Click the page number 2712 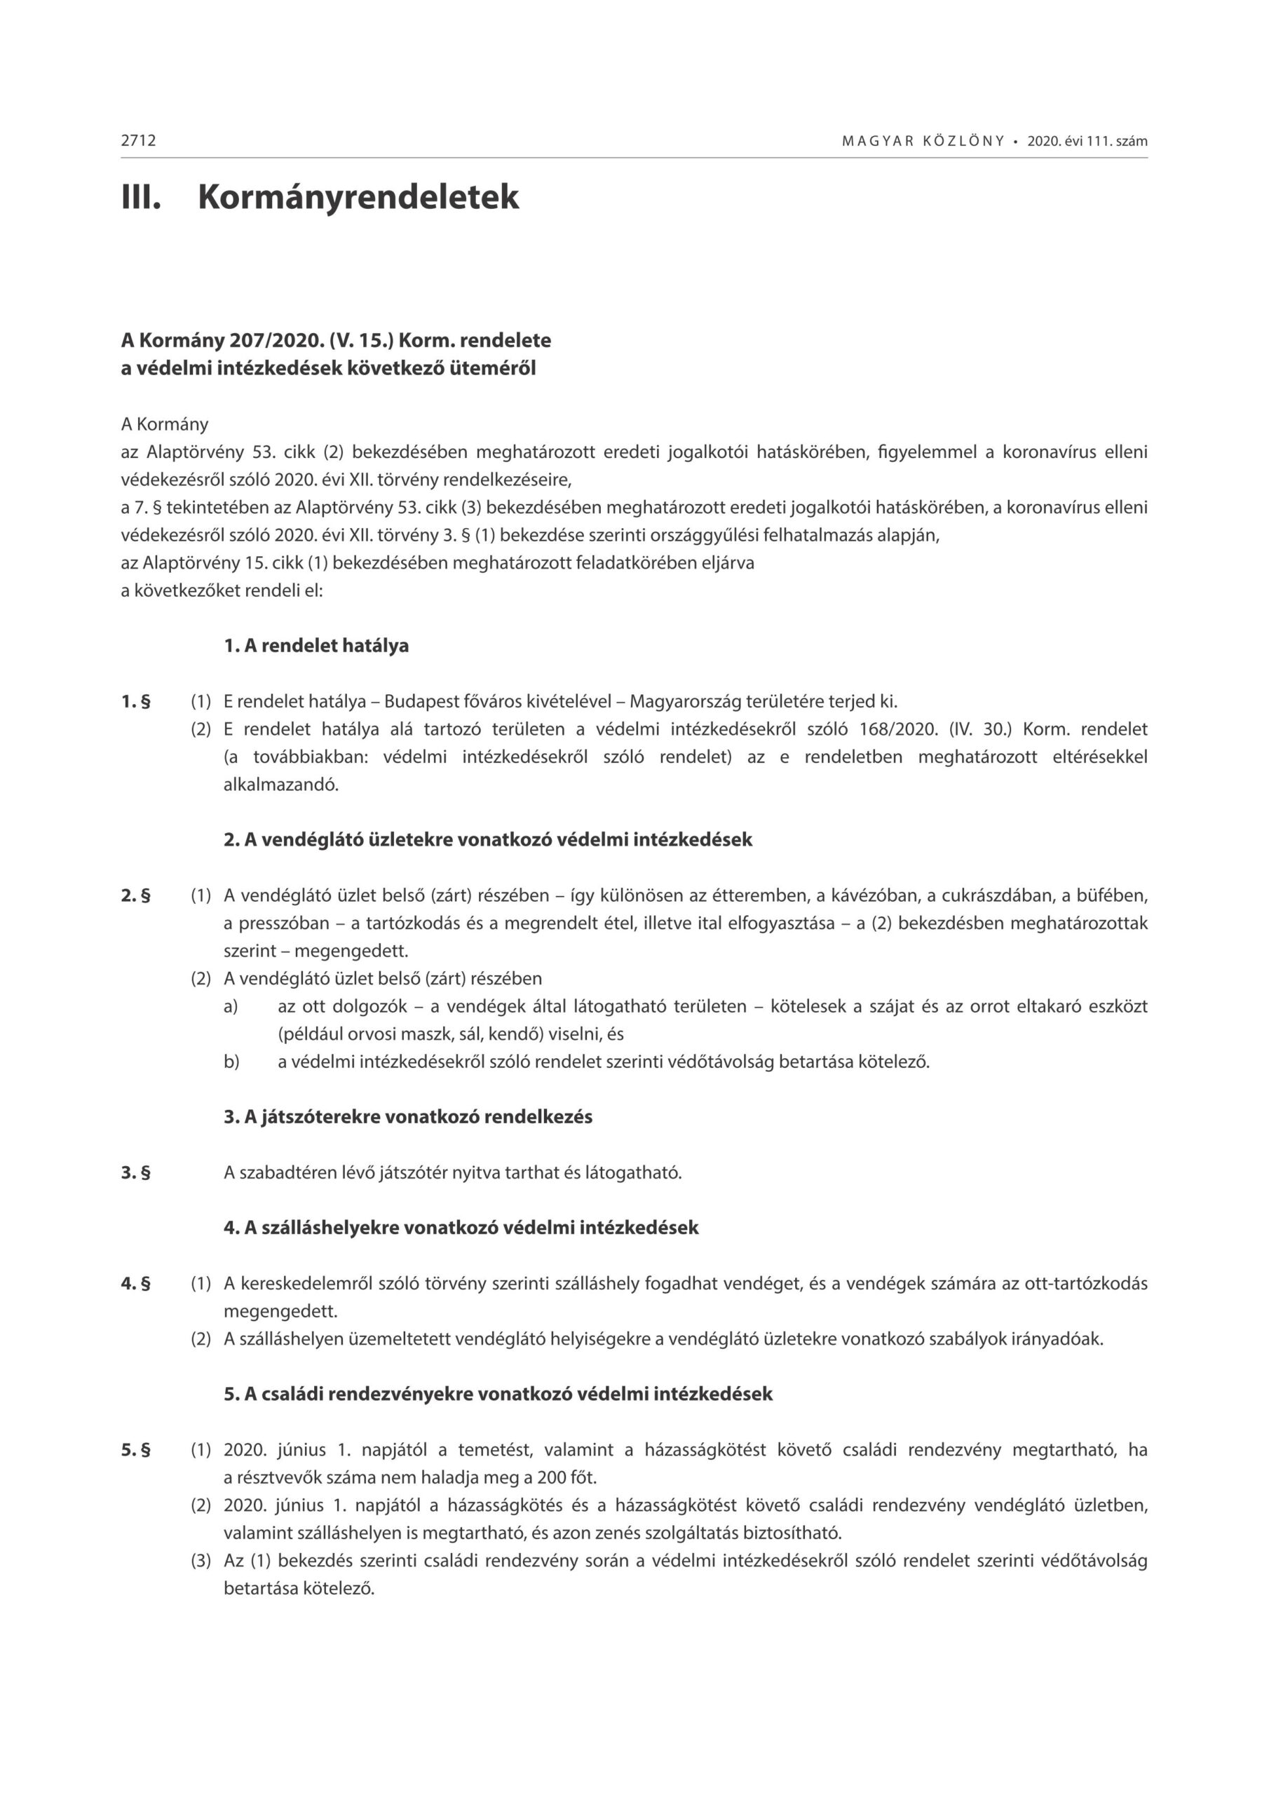[x=138, y=141]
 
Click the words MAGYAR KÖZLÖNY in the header [x=923, y=142]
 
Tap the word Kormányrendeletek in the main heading [x=358, y=196]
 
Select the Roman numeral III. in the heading [x=141, y=196]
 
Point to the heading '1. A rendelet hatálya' [x=316, y=646]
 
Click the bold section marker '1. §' [x=135, y=701]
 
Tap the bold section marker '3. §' [x=135, y=1172]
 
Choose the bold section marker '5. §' [x=135, y=1450]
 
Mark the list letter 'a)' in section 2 [x=231, y=1006]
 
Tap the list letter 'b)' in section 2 [x=231, y=1062]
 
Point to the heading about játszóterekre [x=408, y=1117]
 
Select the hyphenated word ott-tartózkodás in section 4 [x=1080, y=1284]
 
